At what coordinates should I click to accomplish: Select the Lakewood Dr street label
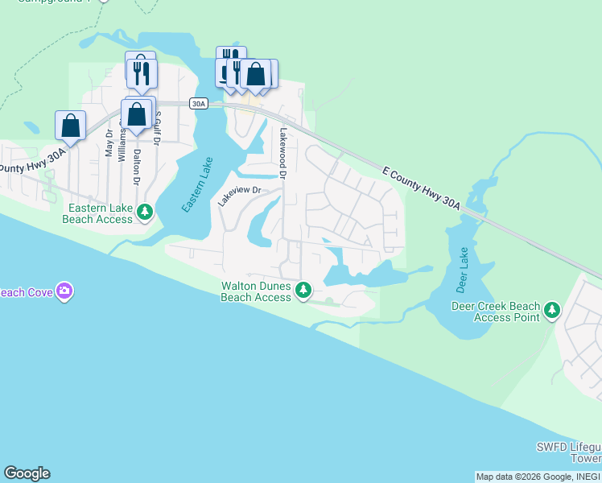pyautogui.click(x=283, y=152)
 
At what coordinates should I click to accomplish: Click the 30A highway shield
pyautogui.click(x=199, y=103)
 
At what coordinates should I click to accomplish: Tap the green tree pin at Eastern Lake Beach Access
pyautogui.click(x=145, y=213)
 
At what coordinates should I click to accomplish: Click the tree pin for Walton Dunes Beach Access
pyautogui.click(x=303, y=290)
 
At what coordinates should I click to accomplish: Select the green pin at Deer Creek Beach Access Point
pyautogui.click(x=551, y=310)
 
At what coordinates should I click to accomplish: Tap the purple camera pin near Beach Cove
pyautogui.click(x=65, y=291)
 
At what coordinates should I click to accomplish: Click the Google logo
pyautogui.click(x=27, y=473)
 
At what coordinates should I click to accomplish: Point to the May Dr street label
pyautogui.click(x=109, y=146)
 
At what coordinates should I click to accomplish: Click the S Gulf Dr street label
pyautogui.click(x=158, y=129)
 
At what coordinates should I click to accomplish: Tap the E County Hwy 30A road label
pyautogui.click(x=421, y=189)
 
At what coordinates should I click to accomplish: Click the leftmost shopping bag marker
pyautogui.click(x=70, y=126)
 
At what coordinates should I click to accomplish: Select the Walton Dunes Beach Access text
pyautogui.click(x=256, y=291)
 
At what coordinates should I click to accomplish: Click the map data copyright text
pyautogui.click(x=538, y=477)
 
